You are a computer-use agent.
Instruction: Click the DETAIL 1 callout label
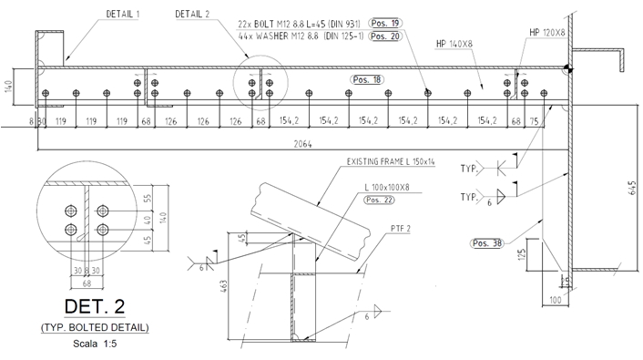coord(123,14)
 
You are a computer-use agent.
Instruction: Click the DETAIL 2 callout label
coord(192,14)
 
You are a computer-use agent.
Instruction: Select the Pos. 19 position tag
coord(385,23)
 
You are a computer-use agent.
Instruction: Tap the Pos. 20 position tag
coord(385,36)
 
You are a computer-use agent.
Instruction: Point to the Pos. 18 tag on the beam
coord(367,79)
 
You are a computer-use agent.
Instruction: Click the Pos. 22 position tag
coord(379,200)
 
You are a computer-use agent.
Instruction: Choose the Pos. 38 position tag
coord(486,243)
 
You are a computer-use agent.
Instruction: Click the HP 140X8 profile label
coord(454,44)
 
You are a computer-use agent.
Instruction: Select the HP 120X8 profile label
coord(547,33)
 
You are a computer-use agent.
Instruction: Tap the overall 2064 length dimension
coord(302,144)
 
